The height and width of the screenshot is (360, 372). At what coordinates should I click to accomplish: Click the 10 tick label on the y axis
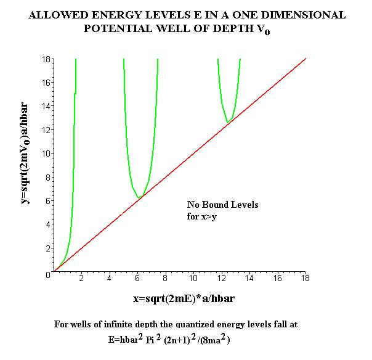click(x=46, y=153)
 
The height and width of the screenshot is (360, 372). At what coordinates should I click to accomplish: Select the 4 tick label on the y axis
click(x=48, y=224)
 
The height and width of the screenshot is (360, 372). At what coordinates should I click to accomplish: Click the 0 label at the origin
click(x=48, y=275)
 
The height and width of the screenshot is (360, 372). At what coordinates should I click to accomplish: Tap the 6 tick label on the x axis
click(x=137, y=278)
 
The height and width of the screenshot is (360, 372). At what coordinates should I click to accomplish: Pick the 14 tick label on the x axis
click(x=249, y=278)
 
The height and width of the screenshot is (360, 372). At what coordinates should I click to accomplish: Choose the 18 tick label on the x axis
click(x=305, y=278)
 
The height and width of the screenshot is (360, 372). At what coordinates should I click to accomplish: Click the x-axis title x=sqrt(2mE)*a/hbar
click(x=184, y=299)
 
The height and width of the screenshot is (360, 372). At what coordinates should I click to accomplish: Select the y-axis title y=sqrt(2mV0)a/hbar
click(x=25, y=153)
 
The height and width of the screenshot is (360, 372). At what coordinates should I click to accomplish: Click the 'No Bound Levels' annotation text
click(x=222, y=205)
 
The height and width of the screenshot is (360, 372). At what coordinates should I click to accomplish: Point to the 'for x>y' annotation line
click(x=201, y=216)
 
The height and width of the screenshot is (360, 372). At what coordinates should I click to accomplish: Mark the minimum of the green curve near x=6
click(x=139, y=197)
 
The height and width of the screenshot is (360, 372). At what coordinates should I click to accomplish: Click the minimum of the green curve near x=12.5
click(x=228, y=122)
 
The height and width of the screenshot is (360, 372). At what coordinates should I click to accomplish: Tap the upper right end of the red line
click(x=305, y=59)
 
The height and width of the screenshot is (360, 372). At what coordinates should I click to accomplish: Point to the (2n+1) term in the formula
click(x=177, y=340)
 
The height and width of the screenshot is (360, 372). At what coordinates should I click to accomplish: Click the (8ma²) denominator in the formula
click(x=215, y=340)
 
